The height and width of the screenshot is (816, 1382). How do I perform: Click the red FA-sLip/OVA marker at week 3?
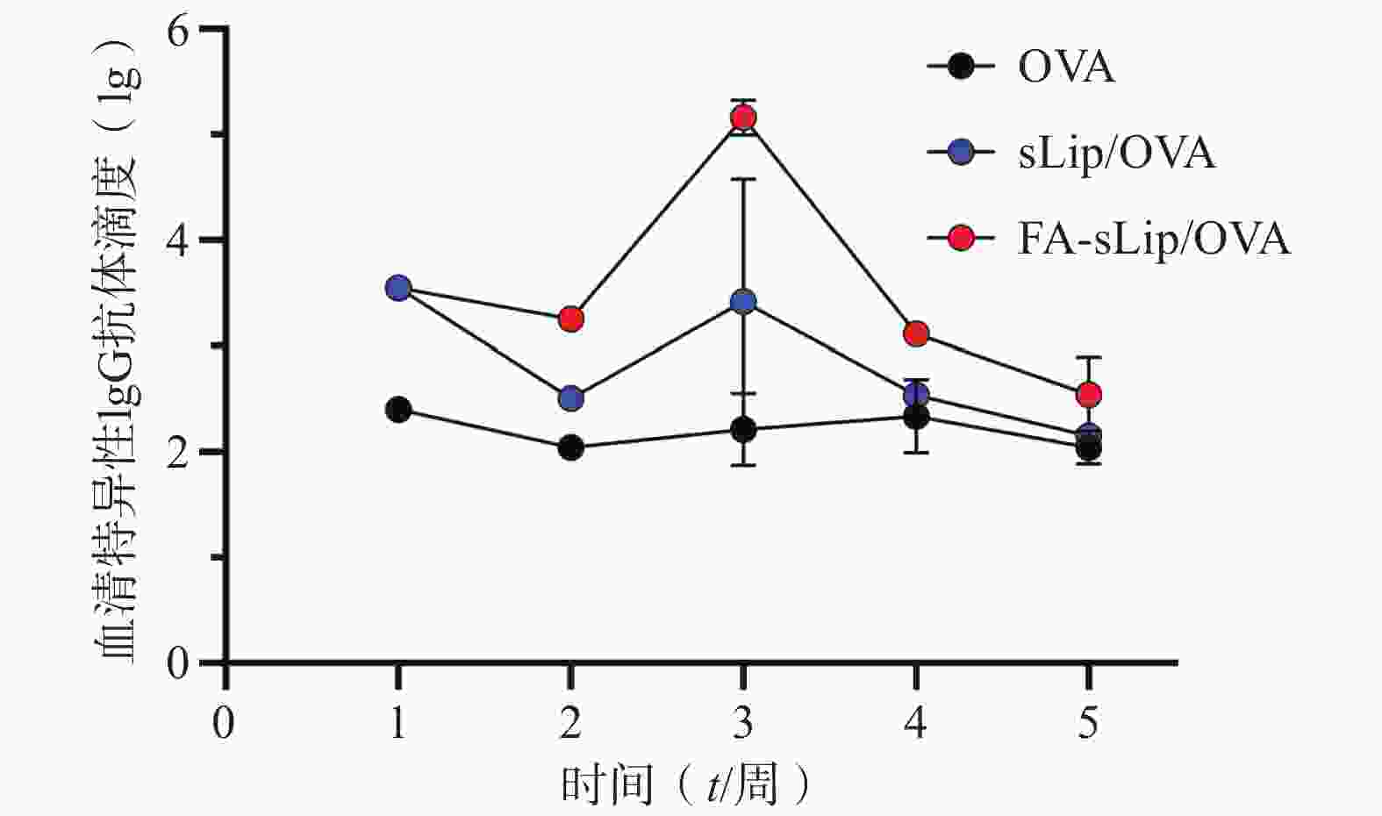(743, 118)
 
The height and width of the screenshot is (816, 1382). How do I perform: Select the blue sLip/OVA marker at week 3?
(743, 302)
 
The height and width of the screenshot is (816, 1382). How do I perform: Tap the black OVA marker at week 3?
(743, 429)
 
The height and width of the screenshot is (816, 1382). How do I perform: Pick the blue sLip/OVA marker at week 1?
(398, 288)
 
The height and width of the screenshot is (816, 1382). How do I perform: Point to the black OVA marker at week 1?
(398, 409)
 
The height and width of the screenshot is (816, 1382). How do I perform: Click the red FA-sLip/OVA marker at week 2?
(570, 319)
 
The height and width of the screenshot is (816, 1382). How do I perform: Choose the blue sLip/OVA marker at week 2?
(570, 398)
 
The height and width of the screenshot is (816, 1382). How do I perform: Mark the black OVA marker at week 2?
(570, 448)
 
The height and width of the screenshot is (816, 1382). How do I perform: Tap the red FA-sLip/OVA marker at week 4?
(916, 333)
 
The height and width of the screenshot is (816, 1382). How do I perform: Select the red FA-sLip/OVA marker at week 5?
(1088, 395)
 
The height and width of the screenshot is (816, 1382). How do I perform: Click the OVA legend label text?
(1066, 68)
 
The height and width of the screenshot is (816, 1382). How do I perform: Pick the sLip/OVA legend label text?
(1116, 153)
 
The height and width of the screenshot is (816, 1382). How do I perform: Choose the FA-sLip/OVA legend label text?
(1154, 239)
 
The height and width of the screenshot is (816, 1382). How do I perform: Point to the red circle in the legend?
(962, 238)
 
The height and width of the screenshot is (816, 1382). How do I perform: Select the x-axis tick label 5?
(1088, 724)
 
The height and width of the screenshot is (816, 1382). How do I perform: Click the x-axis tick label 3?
(743, 724)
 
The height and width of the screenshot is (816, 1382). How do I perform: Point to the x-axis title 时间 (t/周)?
(684, 785)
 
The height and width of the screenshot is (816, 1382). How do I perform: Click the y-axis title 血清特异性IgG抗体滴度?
(118, 351)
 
